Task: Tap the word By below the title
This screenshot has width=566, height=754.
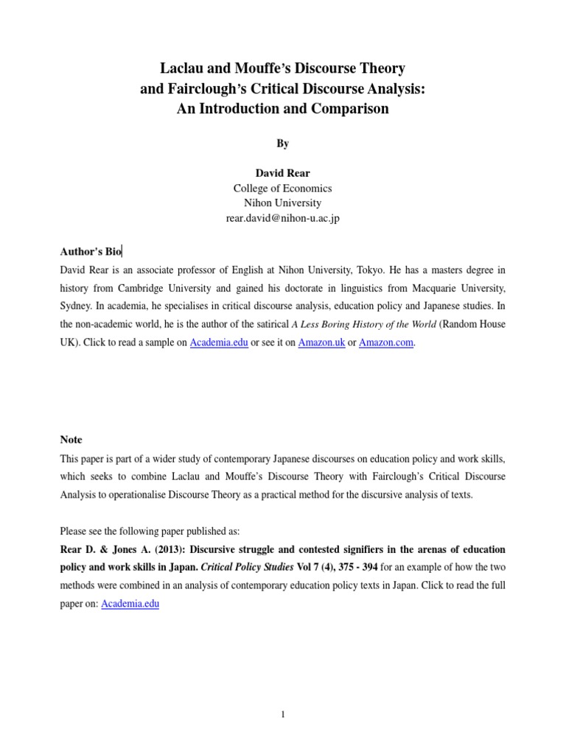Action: [283, 144]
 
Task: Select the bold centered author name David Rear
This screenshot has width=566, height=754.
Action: [283, 173]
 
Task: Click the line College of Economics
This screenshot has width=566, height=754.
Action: [283, 188]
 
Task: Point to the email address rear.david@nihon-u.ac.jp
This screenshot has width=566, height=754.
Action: [283, 218]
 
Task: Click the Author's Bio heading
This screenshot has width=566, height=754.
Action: [91, 251]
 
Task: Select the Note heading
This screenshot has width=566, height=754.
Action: [71, 440]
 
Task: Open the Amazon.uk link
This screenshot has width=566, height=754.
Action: [321, 343]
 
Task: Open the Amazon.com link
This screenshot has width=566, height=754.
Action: [386, 343]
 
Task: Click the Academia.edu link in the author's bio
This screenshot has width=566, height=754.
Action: [219, 343]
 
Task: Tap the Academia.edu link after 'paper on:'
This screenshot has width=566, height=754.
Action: [130, 604]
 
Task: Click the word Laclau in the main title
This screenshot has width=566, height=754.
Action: [183, 69]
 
